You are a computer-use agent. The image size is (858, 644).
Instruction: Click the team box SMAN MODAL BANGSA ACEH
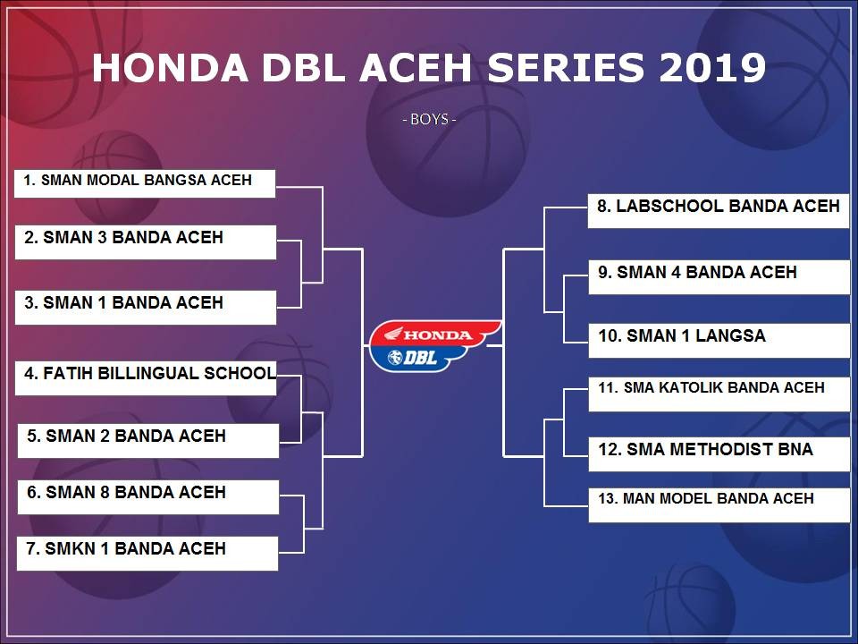145,183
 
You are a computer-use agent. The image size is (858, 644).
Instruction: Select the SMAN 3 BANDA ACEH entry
146,242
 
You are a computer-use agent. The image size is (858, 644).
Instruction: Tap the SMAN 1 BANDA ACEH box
146,307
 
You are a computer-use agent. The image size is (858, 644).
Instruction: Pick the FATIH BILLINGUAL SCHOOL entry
146,377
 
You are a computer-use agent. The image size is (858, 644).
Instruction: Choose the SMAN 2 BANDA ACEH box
148,441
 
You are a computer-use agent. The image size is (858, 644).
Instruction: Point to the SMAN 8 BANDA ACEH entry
148,497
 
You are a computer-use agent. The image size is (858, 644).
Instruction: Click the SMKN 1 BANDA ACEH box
147,554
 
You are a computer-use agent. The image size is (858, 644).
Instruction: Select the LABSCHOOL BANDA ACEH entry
719,211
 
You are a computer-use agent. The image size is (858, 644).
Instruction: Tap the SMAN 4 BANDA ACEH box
719,277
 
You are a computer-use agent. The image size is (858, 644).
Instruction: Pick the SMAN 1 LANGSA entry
719,341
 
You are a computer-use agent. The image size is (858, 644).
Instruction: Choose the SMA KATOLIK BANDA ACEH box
719,394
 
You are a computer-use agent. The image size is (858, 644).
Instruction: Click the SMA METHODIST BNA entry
719,454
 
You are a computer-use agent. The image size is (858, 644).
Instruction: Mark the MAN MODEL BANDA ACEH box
719,504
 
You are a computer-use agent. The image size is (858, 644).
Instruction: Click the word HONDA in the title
170,68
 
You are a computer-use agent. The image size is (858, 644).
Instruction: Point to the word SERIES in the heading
566,68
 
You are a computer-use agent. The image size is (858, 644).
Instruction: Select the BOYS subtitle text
430,119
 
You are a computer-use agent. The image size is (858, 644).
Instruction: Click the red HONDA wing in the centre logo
435,334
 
